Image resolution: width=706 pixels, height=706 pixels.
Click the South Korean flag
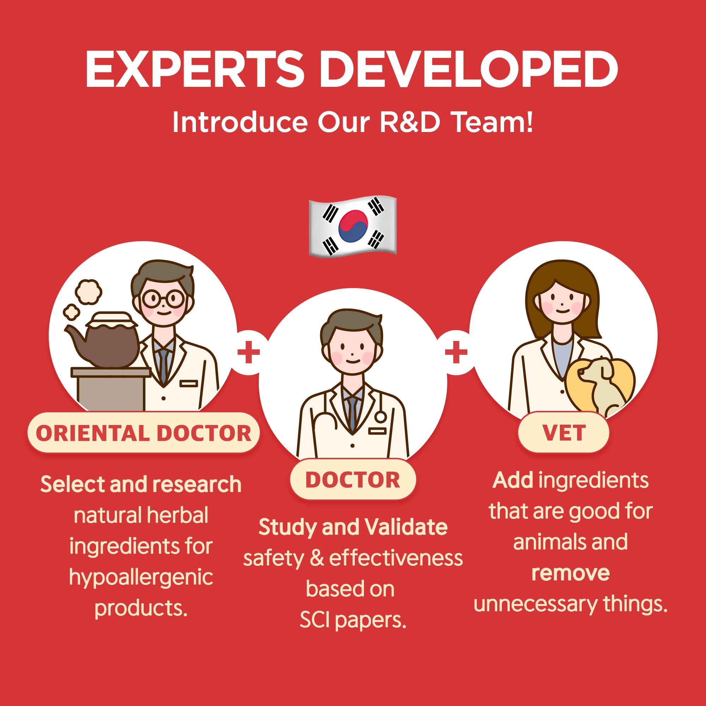tap(353, 226)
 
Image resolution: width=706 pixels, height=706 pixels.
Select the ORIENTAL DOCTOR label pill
tap(144, 433)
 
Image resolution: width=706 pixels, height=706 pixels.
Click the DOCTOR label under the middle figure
tap(353, 480)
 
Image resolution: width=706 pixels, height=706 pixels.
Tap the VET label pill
tap(564, 433)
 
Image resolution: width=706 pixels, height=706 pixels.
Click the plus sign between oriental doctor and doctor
tap(249, 352)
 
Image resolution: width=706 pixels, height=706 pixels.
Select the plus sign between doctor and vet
tap(456, 352)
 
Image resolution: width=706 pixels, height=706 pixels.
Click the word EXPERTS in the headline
tap(195, 69)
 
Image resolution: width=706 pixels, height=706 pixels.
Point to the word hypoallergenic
tap(141, 579)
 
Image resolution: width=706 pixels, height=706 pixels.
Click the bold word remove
tap(570, 573)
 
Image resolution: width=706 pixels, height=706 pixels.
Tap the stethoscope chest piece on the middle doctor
tap(381, 417)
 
